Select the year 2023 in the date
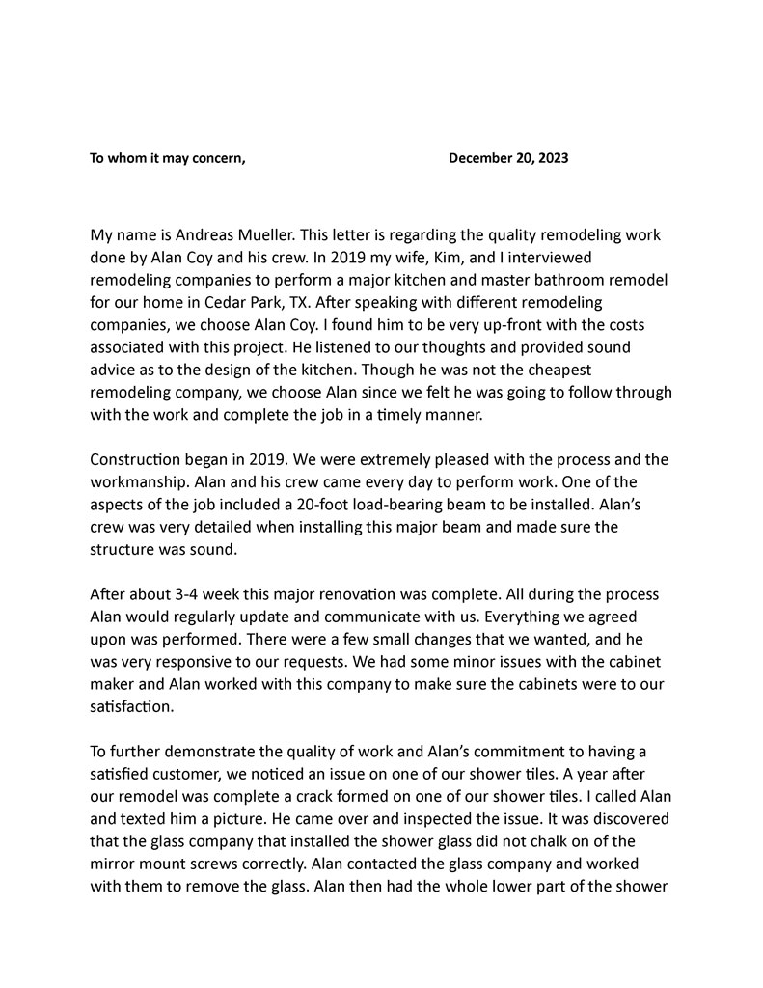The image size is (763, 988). (551, 158)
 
